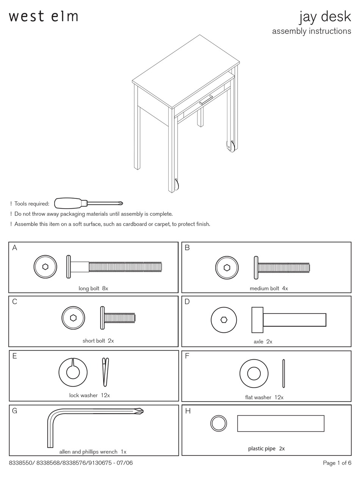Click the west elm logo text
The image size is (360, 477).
tap(44, 16)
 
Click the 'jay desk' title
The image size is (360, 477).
tap(325, 17)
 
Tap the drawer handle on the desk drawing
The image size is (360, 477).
tap(206, 100)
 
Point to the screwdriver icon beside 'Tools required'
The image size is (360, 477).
tap(88, 203)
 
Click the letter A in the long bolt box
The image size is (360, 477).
tap(15, 248)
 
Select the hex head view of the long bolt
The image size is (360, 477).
tap(45, 267)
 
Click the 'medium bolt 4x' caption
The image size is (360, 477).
tap(269, 288)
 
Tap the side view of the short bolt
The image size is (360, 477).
tap(118, 318)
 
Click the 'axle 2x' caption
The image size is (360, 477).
tap(263, 341)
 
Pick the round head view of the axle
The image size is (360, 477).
tap(224, 320)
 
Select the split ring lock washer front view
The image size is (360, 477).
tap(73, 372)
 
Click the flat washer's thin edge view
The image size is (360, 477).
tap(283, 374)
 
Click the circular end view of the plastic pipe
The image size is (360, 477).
tap(219, 423)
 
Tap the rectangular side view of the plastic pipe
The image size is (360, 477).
tap(280, 423)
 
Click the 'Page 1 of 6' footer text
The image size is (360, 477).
tap(337, 463)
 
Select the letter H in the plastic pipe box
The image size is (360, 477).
tap(188, 411)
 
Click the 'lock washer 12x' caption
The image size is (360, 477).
tap(89, 395)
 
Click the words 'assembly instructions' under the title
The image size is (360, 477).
tap(311, 31)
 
